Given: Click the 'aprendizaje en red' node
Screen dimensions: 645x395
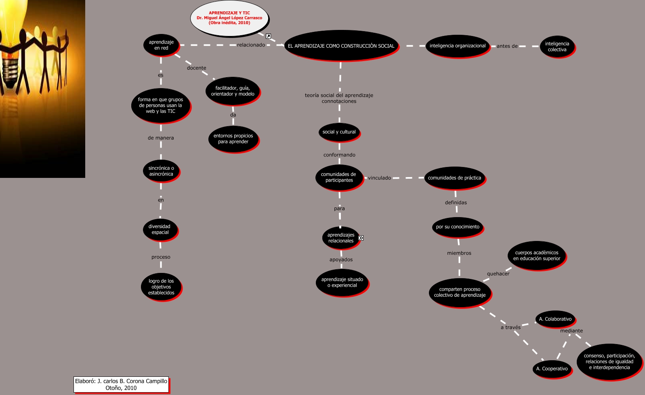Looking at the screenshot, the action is tap(161, 45).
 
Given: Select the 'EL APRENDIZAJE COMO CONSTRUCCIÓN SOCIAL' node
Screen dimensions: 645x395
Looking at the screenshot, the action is tap(341, 46).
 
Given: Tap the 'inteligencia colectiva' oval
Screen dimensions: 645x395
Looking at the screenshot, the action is tap(557, 46).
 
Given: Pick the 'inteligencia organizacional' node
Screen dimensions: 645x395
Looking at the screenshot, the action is tap(457, 46).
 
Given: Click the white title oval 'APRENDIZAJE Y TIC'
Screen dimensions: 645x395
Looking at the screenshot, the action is tap(229, 18).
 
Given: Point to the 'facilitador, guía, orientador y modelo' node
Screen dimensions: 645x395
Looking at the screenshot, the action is tap(233, 91).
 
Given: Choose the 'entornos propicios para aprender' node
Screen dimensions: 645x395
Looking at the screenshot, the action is tap(233, 139).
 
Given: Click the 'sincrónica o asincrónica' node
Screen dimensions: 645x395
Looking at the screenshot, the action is tap(161, 171).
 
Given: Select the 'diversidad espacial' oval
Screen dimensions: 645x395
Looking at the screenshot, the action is tap(160, 229).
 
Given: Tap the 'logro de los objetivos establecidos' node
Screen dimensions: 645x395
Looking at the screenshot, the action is tap(161, 287).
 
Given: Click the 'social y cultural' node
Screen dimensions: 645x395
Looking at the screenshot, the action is tap(339, 132).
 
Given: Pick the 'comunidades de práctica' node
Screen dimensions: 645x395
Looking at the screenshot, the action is tap(454, 178).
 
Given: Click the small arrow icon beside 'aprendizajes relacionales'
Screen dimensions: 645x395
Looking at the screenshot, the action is tap(361, 238).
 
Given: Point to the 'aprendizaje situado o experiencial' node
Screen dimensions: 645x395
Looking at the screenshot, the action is tap(342, 282).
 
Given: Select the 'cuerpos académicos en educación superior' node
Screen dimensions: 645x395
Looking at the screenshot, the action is tap(536, 256).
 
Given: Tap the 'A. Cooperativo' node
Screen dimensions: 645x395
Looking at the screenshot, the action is tap(552, 369).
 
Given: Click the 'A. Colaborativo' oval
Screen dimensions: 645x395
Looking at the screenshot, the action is tap(555, 319).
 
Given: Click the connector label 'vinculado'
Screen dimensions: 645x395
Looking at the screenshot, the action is tap(379, 178).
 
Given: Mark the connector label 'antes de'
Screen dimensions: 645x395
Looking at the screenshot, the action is tap(507, 46).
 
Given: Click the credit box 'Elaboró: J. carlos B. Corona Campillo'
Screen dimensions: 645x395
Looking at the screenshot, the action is tap(121, 384).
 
